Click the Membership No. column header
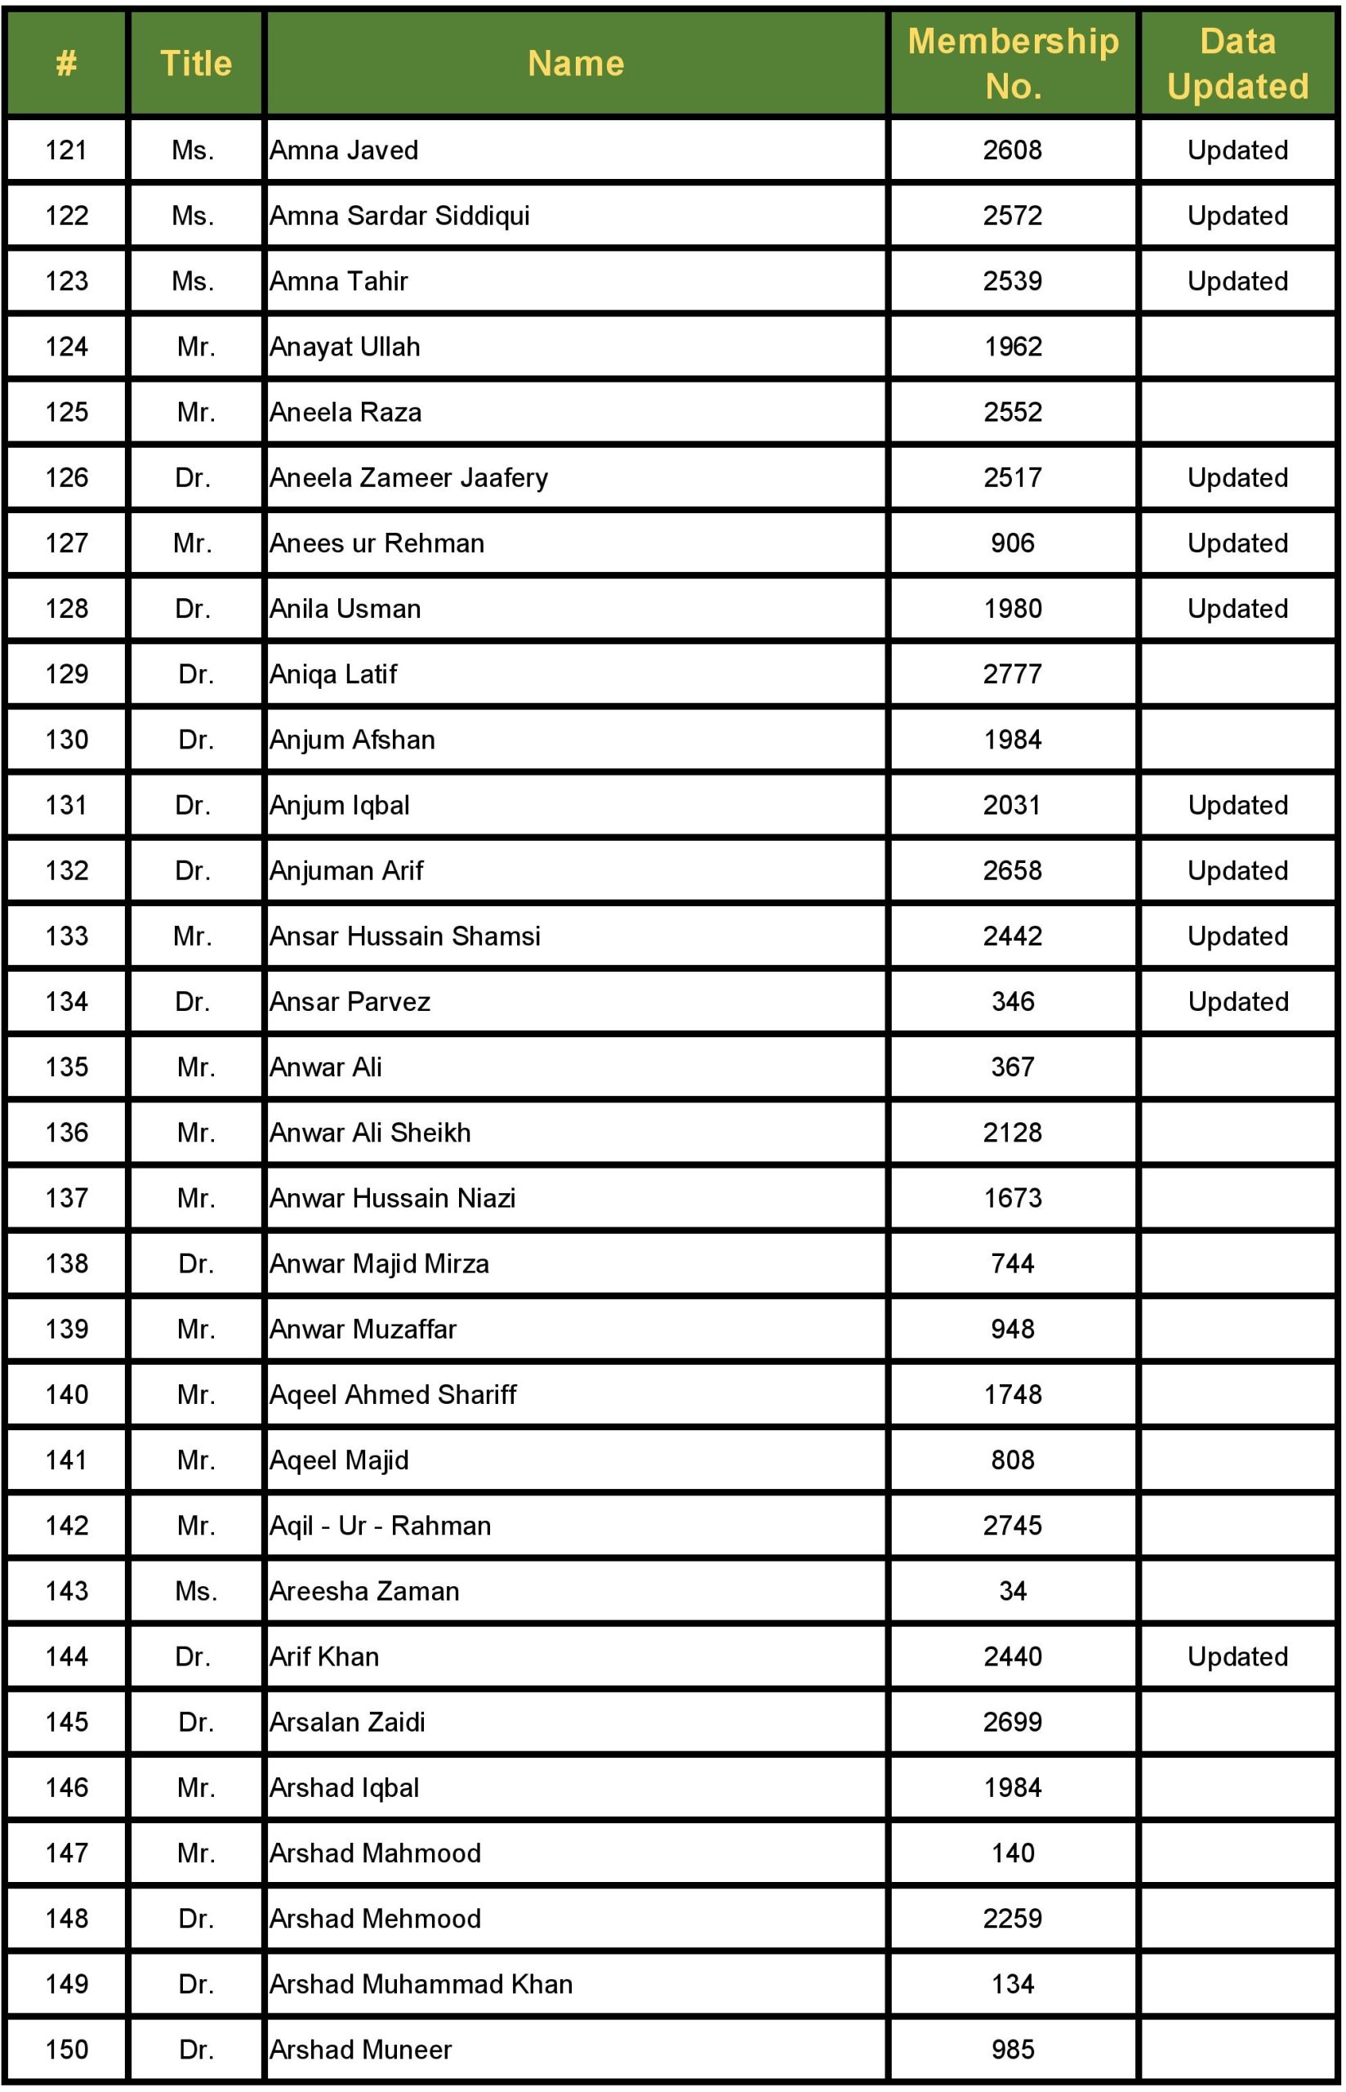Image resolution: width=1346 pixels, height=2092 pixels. point(1012,63)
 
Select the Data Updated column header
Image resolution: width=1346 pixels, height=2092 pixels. point(1237,63)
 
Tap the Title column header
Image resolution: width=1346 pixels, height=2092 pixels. point(196,63)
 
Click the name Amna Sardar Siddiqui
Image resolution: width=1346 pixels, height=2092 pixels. point(399,215)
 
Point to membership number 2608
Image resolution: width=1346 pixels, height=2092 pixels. point(1012,150)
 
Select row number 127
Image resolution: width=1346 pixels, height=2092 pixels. point(66,543)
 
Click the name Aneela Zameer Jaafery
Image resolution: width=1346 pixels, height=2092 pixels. point(408,477)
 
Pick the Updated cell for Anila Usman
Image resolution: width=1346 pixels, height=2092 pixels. point(1237,609)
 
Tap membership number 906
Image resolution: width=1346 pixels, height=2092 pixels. point(1012,543)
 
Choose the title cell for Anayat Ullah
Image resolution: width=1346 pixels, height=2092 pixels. point(196,346)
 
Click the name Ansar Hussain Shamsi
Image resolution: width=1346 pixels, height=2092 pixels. point(404,936)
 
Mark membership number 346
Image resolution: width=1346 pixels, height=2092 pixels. point(1012,1001)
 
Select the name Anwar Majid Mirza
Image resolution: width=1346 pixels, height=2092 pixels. point(378,1263)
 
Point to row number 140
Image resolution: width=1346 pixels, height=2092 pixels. point(66,1394)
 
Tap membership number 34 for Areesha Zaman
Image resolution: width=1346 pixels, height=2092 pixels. point(1012,1591)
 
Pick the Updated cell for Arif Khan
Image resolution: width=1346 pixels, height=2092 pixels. point(1237,1656)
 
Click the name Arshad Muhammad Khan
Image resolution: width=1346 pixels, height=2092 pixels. point(421,1983)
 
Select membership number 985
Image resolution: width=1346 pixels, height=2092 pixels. point(1012,2050)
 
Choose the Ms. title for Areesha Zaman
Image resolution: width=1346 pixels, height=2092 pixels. point(196,1591)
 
